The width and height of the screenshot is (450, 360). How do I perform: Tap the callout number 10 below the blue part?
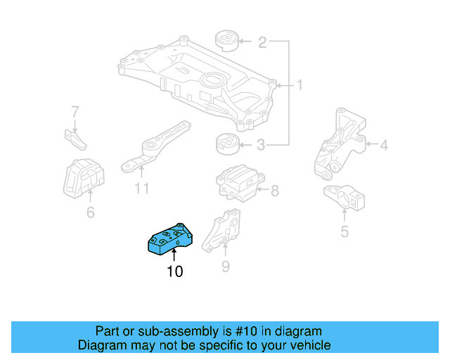tap(174, 271)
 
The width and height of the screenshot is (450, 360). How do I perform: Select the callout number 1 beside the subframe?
tap(299, 86)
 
